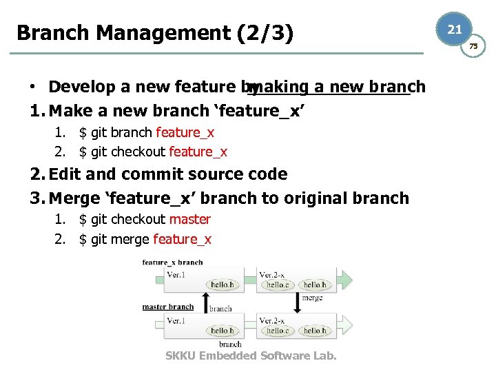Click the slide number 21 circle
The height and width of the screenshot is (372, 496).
(455, 29)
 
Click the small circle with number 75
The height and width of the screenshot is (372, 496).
(473, 46)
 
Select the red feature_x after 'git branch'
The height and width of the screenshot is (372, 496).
(185, 132)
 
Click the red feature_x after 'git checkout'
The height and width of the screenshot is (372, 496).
(198, 152)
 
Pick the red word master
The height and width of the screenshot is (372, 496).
(189, 219)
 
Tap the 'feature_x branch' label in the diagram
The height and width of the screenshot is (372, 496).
(172, 262)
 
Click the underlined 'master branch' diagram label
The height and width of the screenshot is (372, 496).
(168, 307)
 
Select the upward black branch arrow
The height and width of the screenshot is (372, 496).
(205, 301)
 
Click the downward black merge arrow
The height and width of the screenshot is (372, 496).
(298, 301)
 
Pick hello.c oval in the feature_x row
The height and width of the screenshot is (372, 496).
(278, 285)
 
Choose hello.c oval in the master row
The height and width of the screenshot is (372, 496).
(278, 331)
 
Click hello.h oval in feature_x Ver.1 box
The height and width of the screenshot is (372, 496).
(223, 285)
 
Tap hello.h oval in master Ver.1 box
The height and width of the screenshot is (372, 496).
(223, 331)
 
